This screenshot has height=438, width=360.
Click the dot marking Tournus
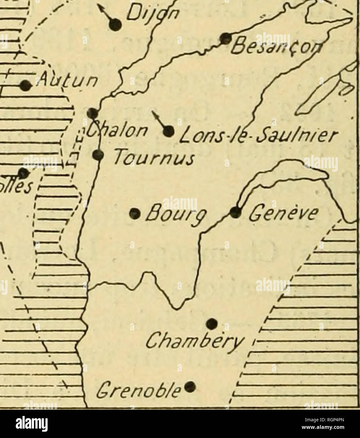[98, 154]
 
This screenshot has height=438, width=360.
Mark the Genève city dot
[235, 212]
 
